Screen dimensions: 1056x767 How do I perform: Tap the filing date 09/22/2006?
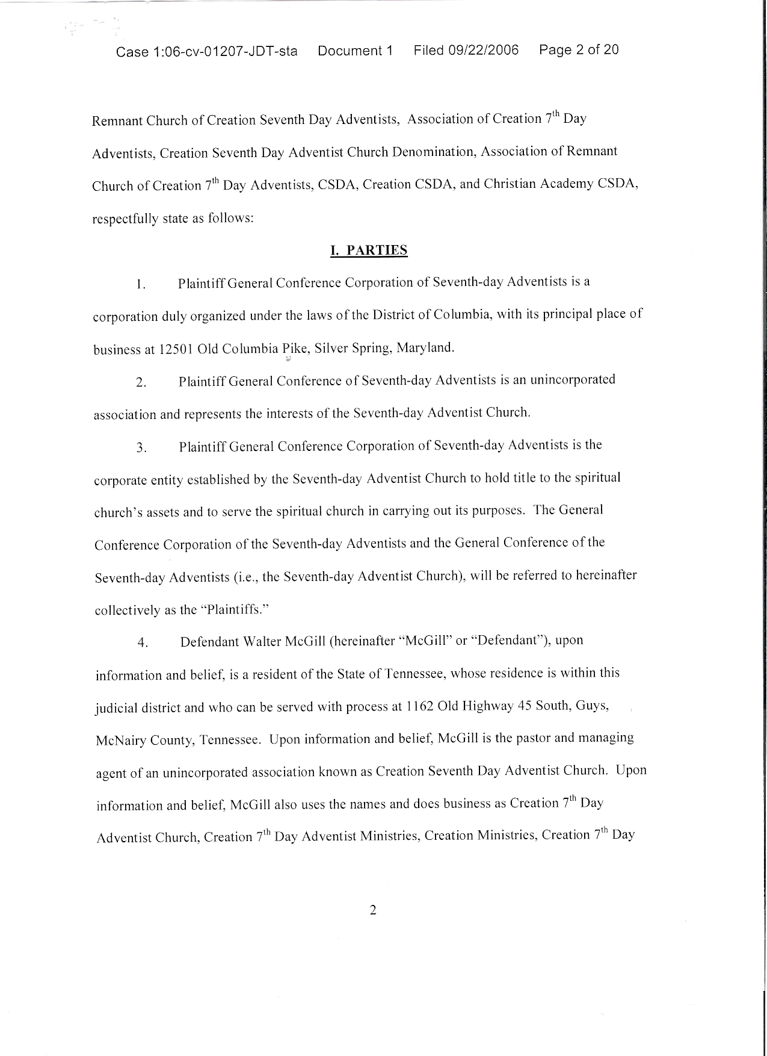coord(483,50)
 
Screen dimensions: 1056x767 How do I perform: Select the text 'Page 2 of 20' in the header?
coord(579,49)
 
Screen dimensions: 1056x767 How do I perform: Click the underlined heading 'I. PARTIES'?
coord(369,250)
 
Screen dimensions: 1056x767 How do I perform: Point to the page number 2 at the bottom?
coord(372,910)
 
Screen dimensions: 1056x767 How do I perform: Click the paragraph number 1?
coord(140,285)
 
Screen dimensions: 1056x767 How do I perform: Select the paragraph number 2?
coord(140,383)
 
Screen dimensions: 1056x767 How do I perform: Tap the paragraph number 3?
coord(141,448)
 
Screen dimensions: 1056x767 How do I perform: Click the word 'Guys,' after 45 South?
coord(592,705)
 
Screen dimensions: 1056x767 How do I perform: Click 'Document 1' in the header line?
coord(355,51)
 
